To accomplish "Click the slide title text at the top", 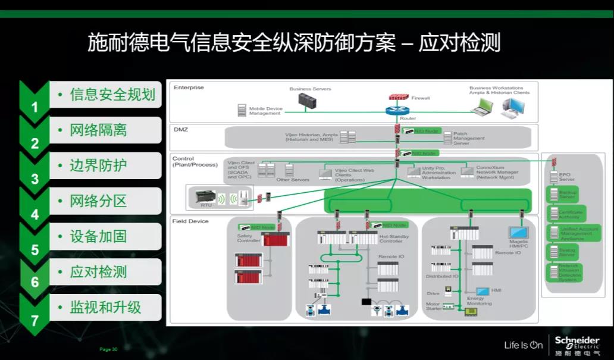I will click(x=294, y=43).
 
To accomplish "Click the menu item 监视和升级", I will click(x=105, y=308).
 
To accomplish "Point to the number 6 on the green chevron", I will click(x=35, y=283).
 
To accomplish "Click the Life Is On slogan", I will click(x=524, y=345).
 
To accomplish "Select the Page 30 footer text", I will click(x=108, y=349).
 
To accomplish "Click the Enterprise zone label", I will click(x=189, y=88).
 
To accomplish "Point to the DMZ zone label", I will click(x=181, y=129).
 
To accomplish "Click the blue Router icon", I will click(x=394, y=110).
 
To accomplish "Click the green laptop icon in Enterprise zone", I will click(x=482, y=107).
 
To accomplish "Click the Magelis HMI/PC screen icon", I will click(x=516, y=233).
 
